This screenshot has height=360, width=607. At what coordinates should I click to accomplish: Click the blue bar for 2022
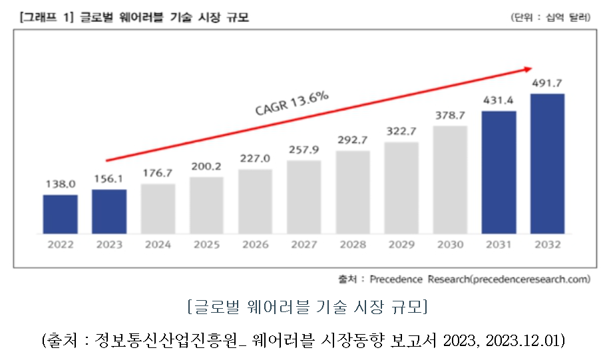(60, 214)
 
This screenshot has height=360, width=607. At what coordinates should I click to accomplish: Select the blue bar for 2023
(109, 211)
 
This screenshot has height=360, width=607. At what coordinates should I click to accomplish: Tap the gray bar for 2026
(255, 201)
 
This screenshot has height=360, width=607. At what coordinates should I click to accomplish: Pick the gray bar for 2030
(450, 179)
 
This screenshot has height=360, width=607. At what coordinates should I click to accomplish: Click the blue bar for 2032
(547, 163)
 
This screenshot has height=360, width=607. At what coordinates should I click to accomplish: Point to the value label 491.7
(547, 85)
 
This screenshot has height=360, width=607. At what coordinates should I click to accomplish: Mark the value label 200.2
(206, 167)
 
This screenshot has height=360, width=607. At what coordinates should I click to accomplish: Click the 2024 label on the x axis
(158, 244)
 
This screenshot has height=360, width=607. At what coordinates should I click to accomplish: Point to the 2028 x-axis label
(353, 244)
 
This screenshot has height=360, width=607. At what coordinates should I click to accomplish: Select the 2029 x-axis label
(401, 244)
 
